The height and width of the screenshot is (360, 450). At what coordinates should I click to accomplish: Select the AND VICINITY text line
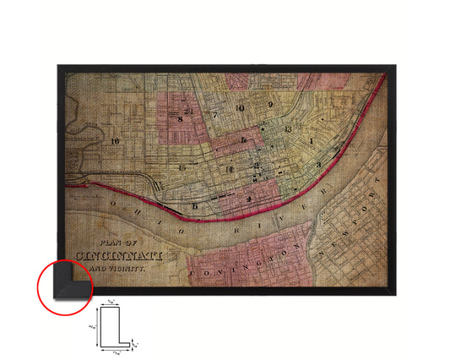click(x=118, y=266)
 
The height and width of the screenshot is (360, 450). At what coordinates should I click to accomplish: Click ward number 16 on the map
click(x=114, y=141)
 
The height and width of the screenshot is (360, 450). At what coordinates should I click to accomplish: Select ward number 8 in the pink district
click(x=181, y=120)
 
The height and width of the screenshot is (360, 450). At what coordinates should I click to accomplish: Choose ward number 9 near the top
click(x=270, y=105)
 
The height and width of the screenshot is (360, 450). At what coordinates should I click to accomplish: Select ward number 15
click(x=182, y=168)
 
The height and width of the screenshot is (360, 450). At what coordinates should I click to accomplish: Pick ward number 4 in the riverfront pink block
click(x=250, y=199)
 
